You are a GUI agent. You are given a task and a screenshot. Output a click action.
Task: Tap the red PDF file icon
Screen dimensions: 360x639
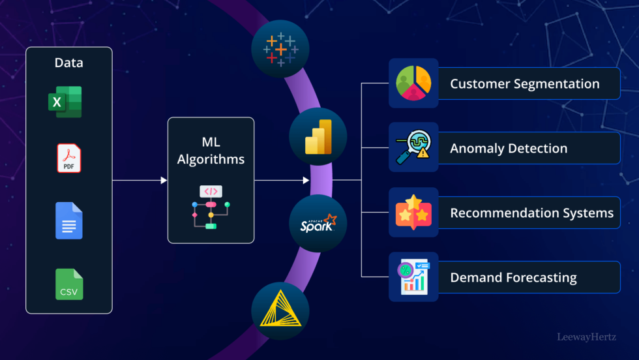coord(69,158)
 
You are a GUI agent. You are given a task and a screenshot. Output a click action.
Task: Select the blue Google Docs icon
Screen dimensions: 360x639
coord(69,220)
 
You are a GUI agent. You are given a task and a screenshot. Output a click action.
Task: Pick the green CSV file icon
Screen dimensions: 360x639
coord(69,284)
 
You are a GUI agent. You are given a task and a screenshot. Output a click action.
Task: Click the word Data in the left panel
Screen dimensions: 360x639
coord(68,63)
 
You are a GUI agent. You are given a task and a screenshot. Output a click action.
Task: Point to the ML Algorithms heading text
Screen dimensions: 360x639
coord(211,151)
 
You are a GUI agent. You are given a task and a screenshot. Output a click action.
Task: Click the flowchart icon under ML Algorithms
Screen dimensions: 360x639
coord(211,207)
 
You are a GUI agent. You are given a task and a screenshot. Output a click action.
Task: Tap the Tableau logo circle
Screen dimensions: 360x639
coord(280,50)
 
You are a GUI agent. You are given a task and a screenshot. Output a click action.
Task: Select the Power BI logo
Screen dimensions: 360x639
coord(318,136)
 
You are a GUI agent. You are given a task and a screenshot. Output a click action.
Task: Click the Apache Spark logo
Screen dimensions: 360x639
coord(318,224)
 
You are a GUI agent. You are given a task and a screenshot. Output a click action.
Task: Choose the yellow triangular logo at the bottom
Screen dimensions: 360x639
coord(280,310)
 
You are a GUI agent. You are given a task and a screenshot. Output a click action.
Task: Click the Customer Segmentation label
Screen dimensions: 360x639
coord(524,83)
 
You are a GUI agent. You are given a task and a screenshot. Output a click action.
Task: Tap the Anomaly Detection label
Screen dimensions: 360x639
coord(509,148)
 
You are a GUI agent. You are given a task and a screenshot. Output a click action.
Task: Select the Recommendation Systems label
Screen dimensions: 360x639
coord(531,213)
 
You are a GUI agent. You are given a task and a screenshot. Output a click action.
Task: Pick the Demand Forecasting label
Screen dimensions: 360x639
coord(513,277)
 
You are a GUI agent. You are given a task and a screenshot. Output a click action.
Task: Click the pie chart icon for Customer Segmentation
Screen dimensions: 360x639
coord(413,83)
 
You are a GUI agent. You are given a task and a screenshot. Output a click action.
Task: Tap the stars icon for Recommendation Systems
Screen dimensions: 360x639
coord(413,212)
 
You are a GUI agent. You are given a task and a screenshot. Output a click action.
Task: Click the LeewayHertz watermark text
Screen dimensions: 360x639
coord(586,337)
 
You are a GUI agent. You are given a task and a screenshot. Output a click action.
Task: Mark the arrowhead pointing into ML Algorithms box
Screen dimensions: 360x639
coord(164,180)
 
